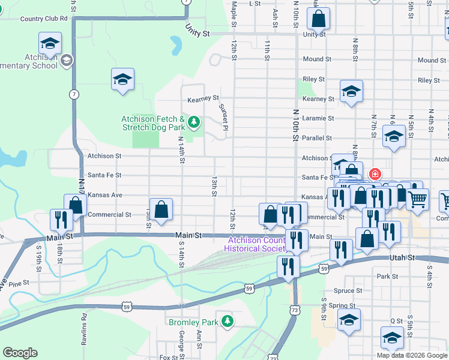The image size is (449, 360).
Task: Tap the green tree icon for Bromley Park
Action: click(227, 322)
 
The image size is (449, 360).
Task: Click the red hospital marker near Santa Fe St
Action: click(375, 175)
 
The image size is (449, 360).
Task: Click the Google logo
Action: click(20, 352)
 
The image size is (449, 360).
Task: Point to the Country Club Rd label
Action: click(44, 19)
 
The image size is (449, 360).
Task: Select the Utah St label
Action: click(402, 257)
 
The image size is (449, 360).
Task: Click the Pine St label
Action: click(19, 283)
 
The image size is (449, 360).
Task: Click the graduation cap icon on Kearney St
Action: click(351, 91)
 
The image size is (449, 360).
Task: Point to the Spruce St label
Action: click(349, 290)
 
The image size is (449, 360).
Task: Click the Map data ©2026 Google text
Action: click(412, 355)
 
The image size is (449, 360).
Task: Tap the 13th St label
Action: click(214, 186)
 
